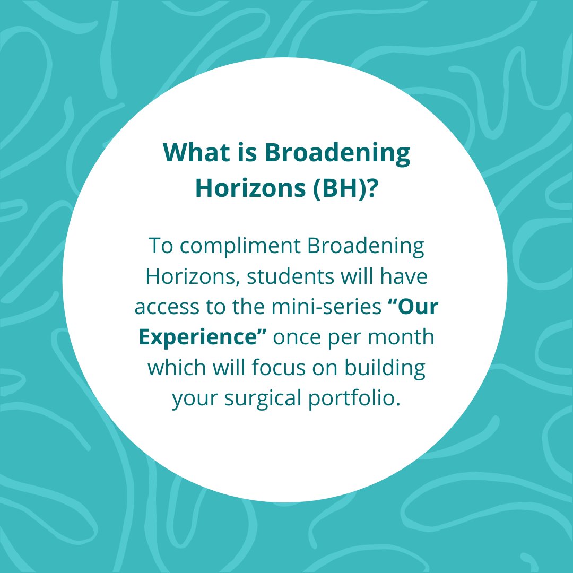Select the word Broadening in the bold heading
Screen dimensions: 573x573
coord(337,153)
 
